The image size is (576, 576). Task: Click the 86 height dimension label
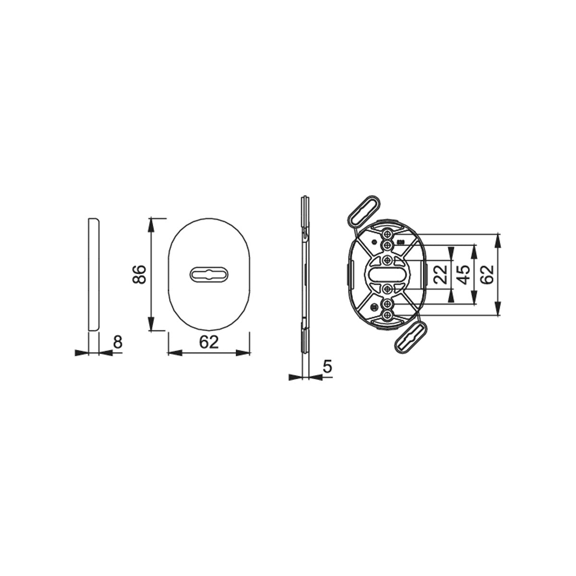[x=139, y=274]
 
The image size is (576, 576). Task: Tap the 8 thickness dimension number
[x=118, y=342]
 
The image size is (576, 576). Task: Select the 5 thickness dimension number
[x=328, y=366]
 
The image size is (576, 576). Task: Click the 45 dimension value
[x=464, y=275]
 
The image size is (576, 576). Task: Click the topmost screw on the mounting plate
[x=388, y=233]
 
